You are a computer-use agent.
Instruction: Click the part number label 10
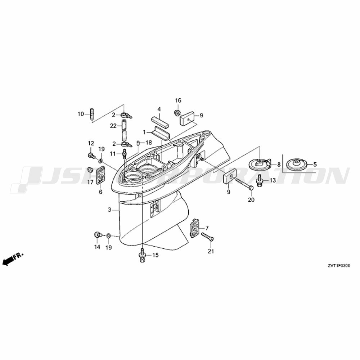click(81, 114)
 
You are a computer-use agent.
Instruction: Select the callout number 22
click(113, 126)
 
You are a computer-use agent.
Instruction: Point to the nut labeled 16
click(177, 113)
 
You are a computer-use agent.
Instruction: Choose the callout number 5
click(315, 165)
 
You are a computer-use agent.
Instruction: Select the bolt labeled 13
click(260, 180)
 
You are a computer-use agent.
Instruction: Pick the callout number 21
click(211, 251)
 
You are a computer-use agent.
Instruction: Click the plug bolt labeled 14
click(98, 235)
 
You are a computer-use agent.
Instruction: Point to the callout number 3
click(110, 210)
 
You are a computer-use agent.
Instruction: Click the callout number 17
click(90, 182)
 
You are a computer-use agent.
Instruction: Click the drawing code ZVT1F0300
click(339, 266)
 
